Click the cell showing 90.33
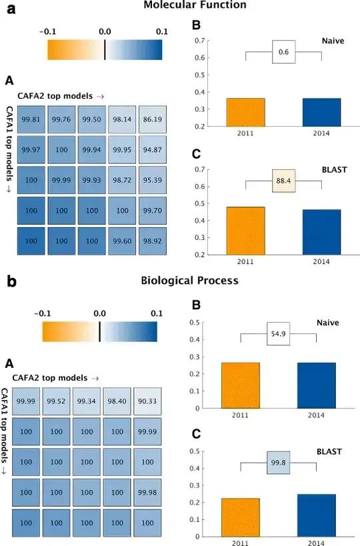point(147,401)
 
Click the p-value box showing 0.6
point(283,52)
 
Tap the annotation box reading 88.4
point(283,180)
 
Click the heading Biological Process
point(189,281)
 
